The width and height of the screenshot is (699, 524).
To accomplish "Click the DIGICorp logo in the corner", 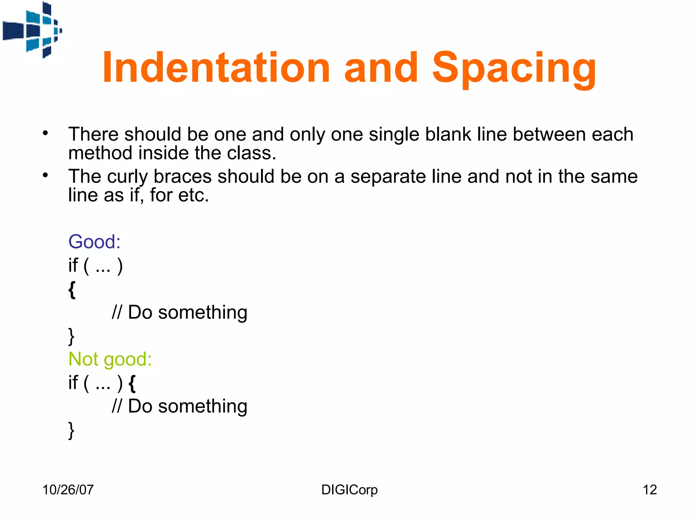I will pyautogui.click(x=32, y=30).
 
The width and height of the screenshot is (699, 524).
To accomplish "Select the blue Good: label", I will pyautogui.click(x=95, y=242).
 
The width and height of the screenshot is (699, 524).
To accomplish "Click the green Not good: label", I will pyautogui.click(x=110, y=359).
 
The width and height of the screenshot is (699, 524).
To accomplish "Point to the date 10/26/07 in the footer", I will pyautogui.click(x=68, y=490).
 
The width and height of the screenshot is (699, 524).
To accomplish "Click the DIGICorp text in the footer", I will pyautogui.click(x=349, y=490).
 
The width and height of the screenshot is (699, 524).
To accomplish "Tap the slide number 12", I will pyautogui.click(x=650, y=490).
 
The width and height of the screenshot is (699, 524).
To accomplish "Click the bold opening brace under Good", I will pyautogui.click(x=72, y=290).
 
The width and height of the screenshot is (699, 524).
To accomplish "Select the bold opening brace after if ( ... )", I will pyautogui.click(x=132, y=383).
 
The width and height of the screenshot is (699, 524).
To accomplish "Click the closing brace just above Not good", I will pyautogui.click(x=71, y=337).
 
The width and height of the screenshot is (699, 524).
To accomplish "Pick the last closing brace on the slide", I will pyautogui.click(x=71, y=431).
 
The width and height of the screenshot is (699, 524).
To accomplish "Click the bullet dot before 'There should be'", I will pyautogui.click(x=45, y=133).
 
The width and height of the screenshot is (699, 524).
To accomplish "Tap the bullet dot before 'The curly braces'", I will pyautogui.click(x=45, y=176).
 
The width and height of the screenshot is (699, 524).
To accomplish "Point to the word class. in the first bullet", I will pyautogui.click(x=252, y=153).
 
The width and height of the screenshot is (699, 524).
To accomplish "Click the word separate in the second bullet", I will pyautogui.click(x=388, y=177).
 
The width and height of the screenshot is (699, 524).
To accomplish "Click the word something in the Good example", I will pyautogui.click(x=203, y=312).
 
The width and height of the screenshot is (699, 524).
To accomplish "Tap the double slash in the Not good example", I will pyautogui.click(x=117, y=406).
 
